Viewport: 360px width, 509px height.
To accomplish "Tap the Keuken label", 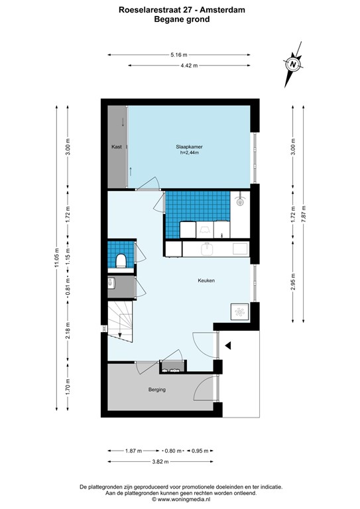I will [x=206, y=280].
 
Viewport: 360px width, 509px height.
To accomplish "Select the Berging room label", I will [x=157, y=390].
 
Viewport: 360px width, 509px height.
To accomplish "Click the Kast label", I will [x=116, y=146].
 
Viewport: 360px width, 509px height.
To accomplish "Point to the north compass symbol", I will [x=292, y=65].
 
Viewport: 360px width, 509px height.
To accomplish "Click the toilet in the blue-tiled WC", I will [x=121, y=260].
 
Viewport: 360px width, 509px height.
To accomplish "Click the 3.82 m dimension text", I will [x=160, y=461].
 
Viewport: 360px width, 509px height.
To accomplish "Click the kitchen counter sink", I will [x=207, y=249].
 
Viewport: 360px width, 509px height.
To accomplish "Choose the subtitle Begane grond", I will [x=181, y=19].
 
